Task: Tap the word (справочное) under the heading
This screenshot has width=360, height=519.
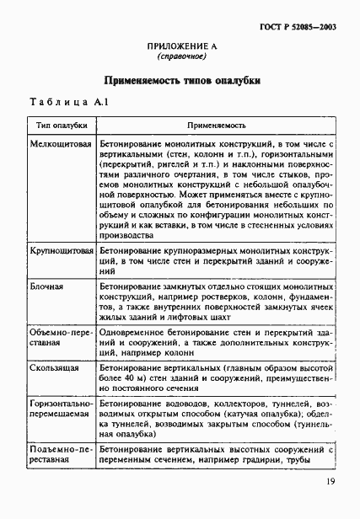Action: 181,59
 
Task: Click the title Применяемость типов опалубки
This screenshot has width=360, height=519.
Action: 181,82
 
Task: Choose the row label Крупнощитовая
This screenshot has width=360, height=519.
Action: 61,250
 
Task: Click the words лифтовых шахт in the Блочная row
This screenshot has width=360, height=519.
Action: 192,320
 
